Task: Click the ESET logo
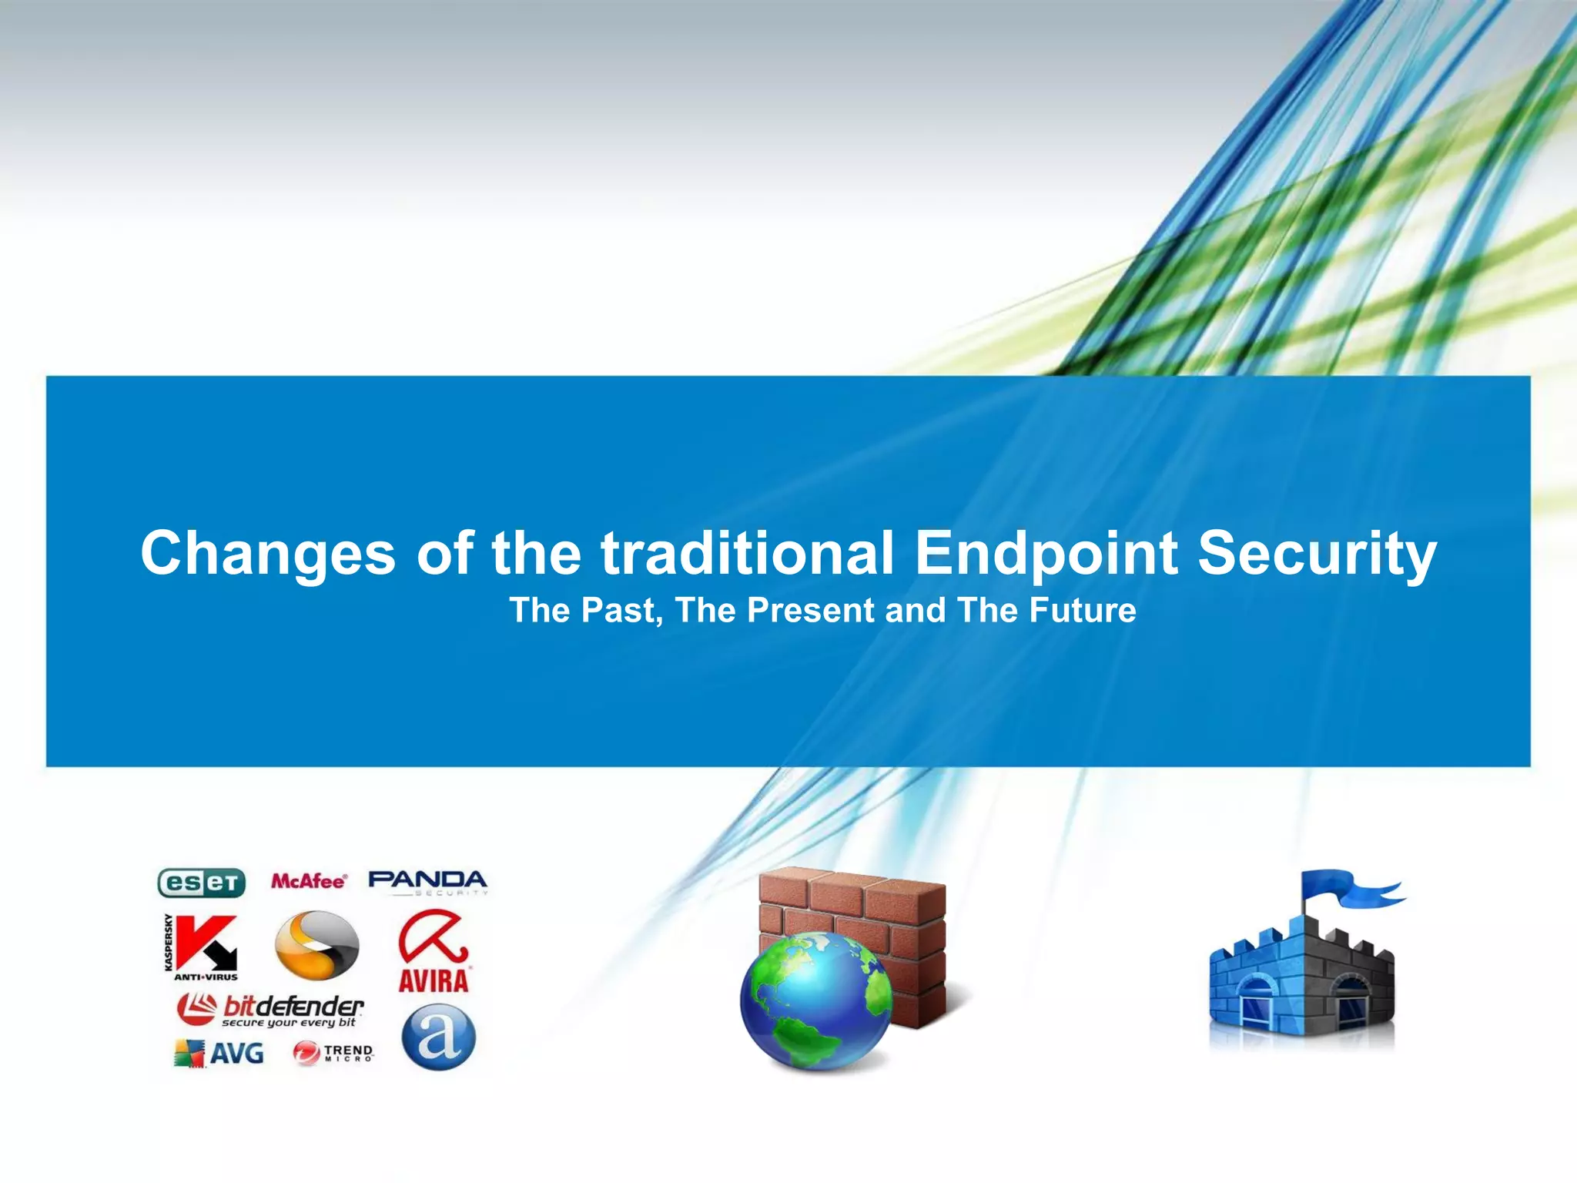[x=201, y=883]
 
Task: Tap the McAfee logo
[x=309, y=881]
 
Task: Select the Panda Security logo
[x=428, y=882]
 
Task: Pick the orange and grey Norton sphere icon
[x=316, y=945]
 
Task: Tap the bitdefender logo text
[x=293, y=1007]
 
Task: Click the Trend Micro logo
[x=333, y=1053]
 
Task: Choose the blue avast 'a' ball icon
[x=438, y=1037]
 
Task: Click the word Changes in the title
[x=267, y=553]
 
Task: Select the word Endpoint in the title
[x=1046, y=553]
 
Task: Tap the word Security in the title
[x=1317, y=553]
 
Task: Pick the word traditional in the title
[x=747, y=553]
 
